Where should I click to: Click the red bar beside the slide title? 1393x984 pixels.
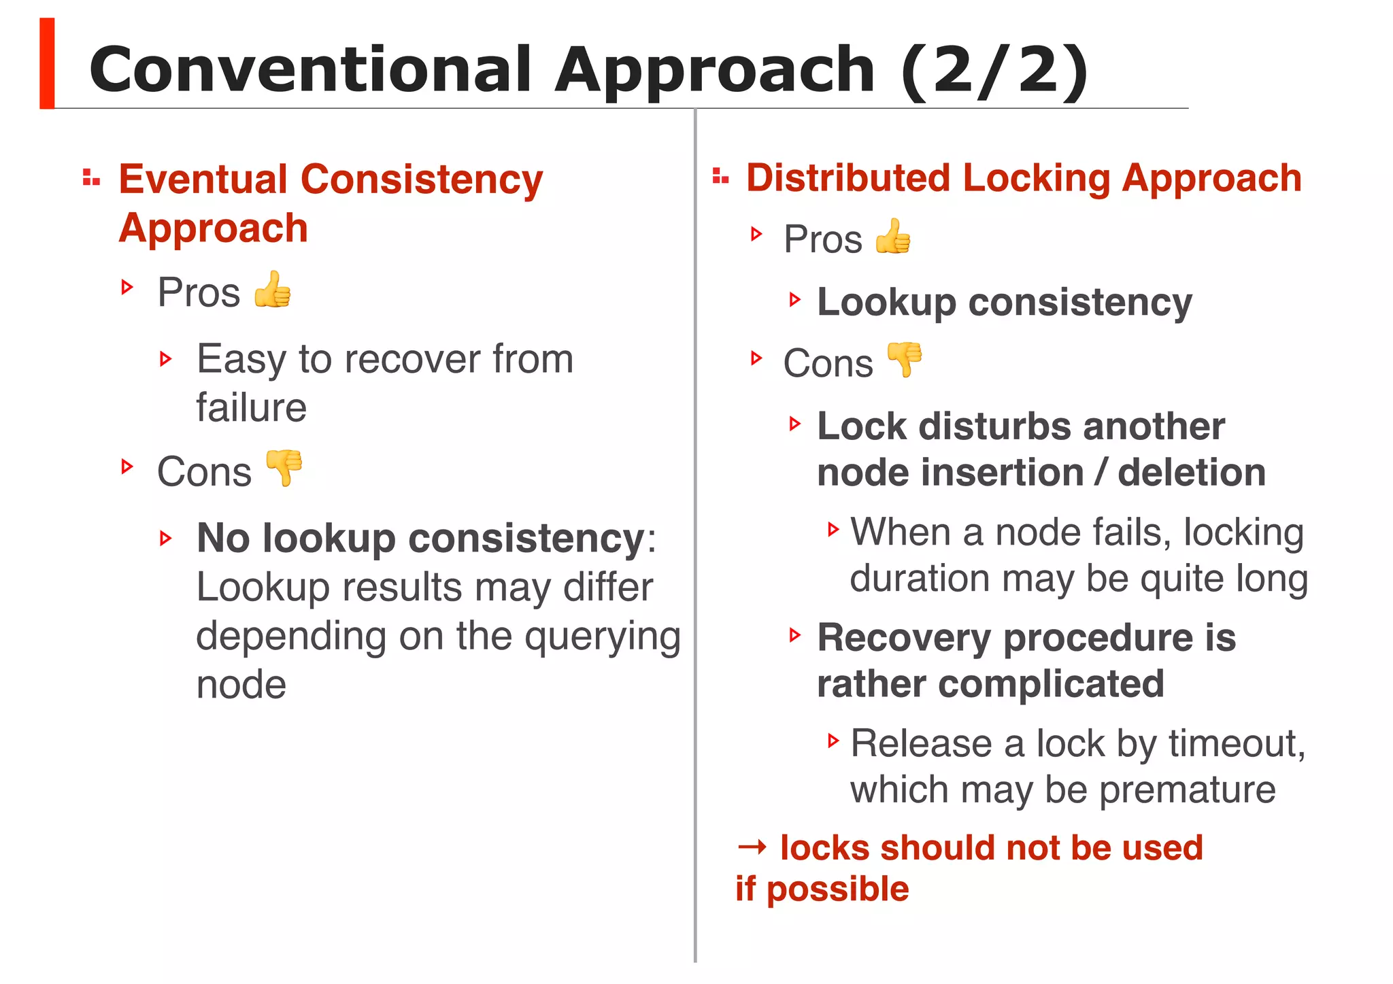pyautogui.click(x=47, y=63)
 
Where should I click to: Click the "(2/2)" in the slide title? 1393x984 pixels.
pyautogui.click(x=994, y=70)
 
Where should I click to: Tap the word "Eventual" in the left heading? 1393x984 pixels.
pyautogui.click(x=203, y=180)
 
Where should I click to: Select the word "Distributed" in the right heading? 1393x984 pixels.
pyautogui.click(x=847, y=178)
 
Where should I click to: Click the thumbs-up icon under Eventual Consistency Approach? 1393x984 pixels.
pyautogui.click(x=273, y=290)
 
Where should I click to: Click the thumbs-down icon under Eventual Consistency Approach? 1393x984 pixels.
pyautogui.click(x=284, y=468)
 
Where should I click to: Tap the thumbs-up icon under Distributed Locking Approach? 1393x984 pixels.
pyautogui.click(x=893, y=237)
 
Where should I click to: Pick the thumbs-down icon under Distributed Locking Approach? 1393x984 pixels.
pyautogui.click(x=905, y=360)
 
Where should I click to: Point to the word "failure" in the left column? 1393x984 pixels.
pyautogui.click(x=252, y=408)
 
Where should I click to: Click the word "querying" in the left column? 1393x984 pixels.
pyautogui.click(x=603, y=637)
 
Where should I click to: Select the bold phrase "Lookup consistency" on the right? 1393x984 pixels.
pyautogui.click(x=1004, y=303)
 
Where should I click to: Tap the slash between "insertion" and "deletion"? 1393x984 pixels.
pyautogui.click(x=1101, y=473)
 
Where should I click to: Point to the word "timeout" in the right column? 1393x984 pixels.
pyautogui.click(x=1236, y=743)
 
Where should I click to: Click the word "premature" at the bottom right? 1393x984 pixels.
pyautogui.click(x=1187, y=790)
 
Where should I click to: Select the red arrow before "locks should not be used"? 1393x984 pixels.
pyautogui.click(x=752, y=847)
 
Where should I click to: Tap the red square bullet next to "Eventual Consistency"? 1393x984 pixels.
pyautogui.click(x=91, y=178)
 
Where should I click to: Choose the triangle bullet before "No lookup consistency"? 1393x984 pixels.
pyautogui.click(x=166, y=539)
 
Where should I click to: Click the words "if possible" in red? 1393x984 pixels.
pyautogui.click(x=822, y=889)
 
